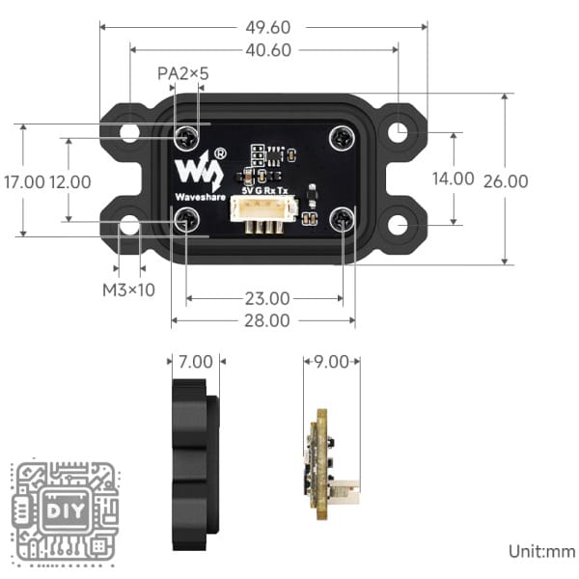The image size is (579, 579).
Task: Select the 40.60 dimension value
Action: (x=263, y=49)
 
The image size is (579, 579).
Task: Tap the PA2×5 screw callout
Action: (x=183, y=73)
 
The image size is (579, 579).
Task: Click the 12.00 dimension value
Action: (x=70, y=180)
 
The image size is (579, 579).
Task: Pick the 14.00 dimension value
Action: (x=453, y=179)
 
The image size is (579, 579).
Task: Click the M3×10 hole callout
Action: (x=128, y=289)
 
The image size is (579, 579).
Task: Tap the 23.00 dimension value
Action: (x=266, y=298)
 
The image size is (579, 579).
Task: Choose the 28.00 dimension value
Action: (x=266, y=320)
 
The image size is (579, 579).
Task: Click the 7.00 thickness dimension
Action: (x=196, y=363)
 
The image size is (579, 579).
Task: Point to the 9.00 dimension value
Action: (x=332, y=363)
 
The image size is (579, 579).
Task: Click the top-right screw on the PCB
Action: (x=342, y=138)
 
